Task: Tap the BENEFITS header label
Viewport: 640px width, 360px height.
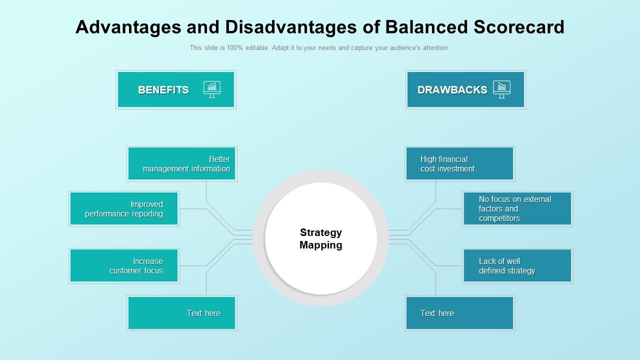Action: pos(163,90)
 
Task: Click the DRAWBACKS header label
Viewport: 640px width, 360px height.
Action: pos(452,90)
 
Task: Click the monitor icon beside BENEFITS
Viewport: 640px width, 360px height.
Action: pos(212,89)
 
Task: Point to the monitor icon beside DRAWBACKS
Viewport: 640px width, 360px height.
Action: pos(501,89)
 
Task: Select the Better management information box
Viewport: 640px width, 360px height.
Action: pos(182,164)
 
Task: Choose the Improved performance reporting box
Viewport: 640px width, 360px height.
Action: pos(124,209)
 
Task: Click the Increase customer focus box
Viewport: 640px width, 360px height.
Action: pos(124,266)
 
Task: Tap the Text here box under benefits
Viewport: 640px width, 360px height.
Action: pos(182,313)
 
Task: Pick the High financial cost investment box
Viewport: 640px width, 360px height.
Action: pos(460,164)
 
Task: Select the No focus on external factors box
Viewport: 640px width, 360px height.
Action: pos(517,209)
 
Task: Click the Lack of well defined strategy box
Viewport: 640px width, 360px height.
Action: pos(517,266)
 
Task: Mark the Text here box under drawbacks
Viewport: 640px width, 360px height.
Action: pos(460,313)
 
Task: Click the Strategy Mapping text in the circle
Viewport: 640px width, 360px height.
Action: pos(321,239)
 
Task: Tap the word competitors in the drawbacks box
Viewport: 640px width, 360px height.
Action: pos(499,218)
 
